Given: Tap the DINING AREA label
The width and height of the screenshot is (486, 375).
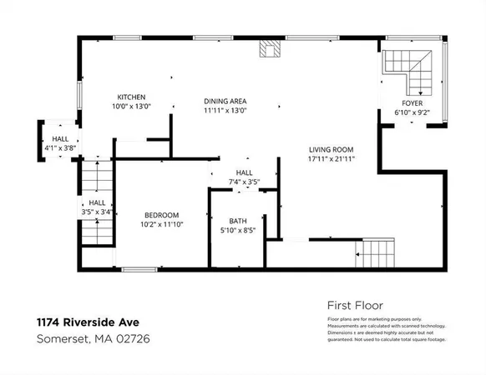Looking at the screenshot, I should click(225, 102).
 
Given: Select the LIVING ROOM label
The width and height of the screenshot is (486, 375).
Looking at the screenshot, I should click(332, 150).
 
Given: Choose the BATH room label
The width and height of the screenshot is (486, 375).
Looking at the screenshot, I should click(239, 222).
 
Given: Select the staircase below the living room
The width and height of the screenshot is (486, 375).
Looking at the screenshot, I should click(375, 253).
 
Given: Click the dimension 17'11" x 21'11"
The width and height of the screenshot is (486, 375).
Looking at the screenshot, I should click(332, 158).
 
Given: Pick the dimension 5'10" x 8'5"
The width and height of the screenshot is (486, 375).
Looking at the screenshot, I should click(239, 230).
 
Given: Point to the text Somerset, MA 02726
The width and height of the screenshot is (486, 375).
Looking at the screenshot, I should click(93, 338).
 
